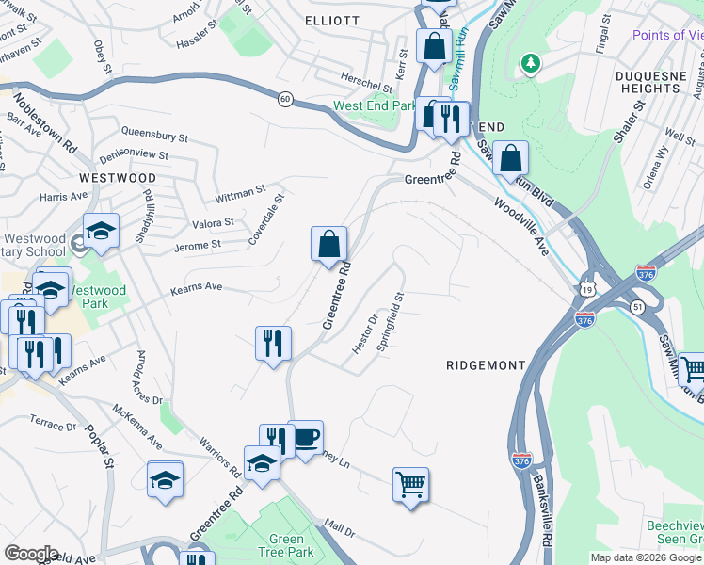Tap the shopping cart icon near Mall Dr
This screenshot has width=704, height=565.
coord(410,486)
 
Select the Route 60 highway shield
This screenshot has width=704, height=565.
coord(283,98)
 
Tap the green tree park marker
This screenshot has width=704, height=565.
coord(532,63)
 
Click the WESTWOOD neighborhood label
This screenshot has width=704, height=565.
coord(118,177)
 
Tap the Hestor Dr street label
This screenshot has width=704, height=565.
coord(363,334)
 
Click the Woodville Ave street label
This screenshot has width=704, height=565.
coord(520,225)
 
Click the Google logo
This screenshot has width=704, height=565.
coord(31,554)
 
